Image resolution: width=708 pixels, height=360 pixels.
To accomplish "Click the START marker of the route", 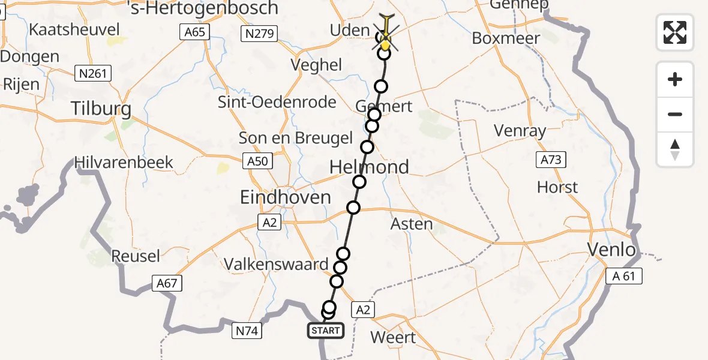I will pos(326,330).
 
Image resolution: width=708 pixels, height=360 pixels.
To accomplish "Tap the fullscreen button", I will pos(675,32).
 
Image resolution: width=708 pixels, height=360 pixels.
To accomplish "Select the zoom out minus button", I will pos(675,114).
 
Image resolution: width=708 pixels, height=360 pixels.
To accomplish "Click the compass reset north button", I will pos(675,149).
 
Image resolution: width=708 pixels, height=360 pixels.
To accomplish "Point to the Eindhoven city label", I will pos(285,197).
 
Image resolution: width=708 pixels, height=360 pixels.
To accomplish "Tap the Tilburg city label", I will pos(101,109).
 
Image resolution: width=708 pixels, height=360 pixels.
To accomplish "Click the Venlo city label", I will pos(611,249).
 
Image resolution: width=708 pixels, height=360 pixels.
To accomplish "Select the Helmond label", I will pos(369,167).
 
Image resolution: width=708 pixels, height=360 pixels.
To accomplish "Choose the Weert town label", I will pos(393,337).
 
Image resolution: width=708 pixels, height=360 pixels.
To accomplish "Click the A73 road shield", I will pos(550,159).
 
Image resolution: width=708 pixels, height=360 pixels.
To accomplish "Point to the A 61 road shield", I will pos(623,276).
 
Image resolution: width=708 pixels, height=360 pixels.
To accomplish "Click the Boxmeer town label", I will pos(506,38).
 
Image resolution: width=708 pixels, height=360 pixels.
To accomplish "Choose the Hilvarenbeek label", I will pos(124,162).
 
